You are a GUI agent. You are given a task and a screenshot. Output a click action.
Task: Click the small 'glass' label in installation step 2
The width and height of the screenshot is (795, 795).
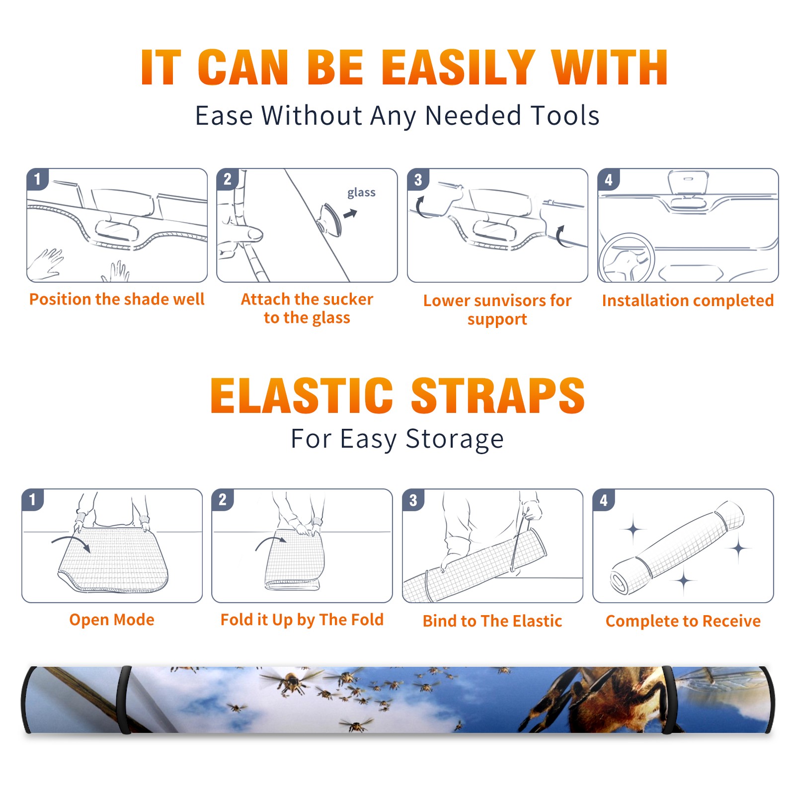361,193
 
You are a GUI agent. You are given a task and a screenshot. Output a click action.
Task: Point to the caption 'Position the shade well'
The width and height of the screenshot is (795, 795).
117,299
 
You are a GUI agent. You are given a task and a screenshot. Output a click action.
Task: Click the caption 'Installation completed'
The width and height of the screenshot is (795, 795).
688,300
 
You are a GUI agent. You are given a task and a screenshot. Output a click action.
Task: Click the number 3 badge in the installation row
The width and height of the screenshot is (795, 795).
418,180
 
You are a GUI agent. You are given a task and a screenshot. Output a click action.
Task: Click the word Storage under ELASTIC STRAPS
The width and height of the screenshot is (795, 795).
455,439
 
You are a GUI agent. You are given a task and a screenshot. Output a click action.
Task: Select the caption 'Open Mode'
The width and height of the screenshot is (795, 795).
112,620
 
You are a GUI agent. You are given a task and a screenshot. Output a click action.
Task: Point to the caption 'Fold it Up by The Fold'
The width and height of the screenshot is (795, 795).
302,620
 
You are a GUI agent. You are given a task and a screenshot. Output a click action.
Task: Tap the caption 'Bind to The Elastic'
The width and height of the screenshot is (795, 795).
492,621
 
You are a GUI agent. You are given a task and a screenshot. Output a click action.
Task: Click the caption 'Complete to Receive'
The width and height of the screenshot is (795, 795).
683,621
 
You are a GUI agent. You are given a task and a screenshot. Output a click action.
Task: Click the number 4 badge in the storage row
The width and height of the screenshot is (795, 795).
604,500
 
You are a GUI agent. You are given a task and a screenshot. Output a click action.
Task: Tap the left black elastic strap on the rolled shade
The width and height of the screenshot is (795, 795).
124,700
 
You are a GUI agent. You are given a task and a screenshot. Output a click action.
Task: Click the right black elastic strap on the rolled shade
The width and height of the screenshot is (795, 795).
668,700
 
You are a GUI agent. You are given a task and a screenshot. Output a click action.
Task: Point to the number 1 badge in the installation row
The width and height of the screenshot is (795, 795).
37,179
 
